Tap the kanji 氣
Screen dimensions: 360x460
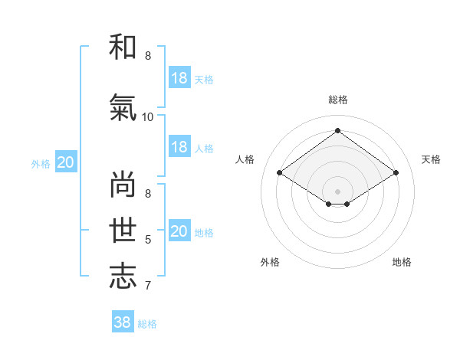[123, 107]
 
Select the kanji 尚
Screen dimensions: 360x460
[123, 184]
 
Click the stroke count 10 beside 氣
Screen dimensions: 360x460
[148, 116]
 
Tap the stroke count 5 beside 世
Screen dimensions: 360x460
[148, 240]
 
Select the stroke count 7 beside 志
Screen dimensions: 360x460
[148, 286]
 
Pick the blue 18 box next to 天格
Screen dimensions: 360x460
[179, 78]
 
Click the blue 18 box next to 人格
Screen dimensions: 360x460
[179, 147]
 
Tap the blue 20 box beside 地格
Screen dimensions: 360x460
[179, 231]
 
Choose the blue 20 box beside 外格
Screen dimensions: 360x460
[66, 162]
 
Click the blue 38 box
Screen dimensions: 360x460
[123, 322]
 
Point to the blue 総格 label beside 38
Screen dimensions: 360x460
[147, 324]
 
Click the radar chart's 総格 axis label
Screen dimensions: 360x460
[337, 100]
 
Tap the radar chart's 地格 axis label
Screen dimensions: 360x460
[402, 262]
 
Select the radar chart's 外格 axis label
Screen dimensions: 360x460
[270, 262]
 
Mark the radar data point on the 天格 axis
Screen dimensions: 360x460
[396, 173]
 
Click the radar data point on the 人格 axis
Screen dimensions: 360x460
[279, 173]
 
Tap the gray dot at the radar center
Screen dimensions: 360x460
[337, 191]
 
